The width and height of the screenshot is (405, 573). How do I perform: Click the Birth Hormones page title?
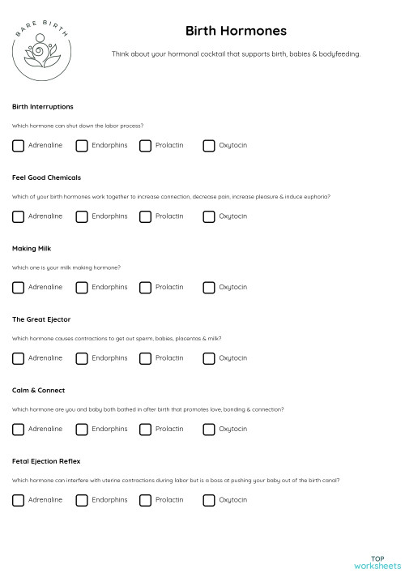pyautogui.click(x=236, y=31)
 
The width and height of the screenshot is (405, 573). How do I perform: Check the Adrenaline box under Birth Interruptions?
pyautogui.click(x=19, y=146)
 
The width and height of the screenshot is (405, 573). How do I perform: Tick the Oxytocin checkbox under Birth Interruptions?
pyautogui.click(x=209, y=146)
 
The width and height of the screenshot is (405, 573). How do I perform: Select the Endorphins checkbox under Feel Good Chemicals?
pyautogui.click(x=82, y=216)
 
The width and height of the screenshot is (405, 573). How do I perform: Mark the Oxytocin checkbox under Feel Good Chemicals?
pyautogui.click(x=209, y=216)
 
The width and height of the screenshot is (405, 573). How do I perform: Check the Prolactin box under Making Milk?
pyautogui.click(x=145, y=287)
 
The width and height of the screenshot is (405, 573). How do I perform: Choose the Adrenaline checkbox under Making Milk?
pyautogui.click(x=19, y=287)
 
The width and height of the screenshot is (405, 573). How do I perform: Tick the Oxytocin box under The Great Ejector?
pyautogui.click(x=209, y=358)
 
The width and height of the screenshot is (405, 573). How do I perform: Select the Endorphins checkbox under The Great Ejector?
pyautogui.click(x=82, y=358)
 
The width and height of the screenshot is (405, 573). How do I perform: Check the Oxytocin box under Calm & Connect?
pyautogui.click(x=209, y=429)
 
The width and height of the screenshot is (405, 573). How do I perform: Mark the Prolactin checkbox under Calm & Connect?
pyautogui.click(x=145, y=429)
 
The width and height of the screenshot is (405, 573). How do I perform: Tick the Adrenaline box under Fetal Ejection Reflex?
pyautogui.click(x=19, y=500)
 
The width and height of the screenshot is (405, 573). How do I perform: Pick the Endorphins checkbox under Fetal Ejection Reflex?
pyautogui.click(x=82, y=500)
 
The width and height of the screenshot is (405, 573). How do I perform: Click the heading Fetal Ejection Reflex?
pyautogui.click(x=46, y=461)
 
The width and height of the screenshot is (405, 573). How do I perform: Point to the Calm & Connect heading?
pyautogui.click(x=39, y=390)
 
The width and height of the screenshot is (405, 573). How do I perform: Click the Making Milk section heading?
pyautogui.click(x=32, y=248)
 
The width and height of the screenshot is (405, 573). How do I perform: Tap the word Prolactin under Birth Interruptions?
pyautogui.click(x=169, y=146)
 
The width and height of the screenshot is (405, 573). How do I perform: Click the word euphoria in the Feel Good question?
pyautogui.click(x=317, y=197)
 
